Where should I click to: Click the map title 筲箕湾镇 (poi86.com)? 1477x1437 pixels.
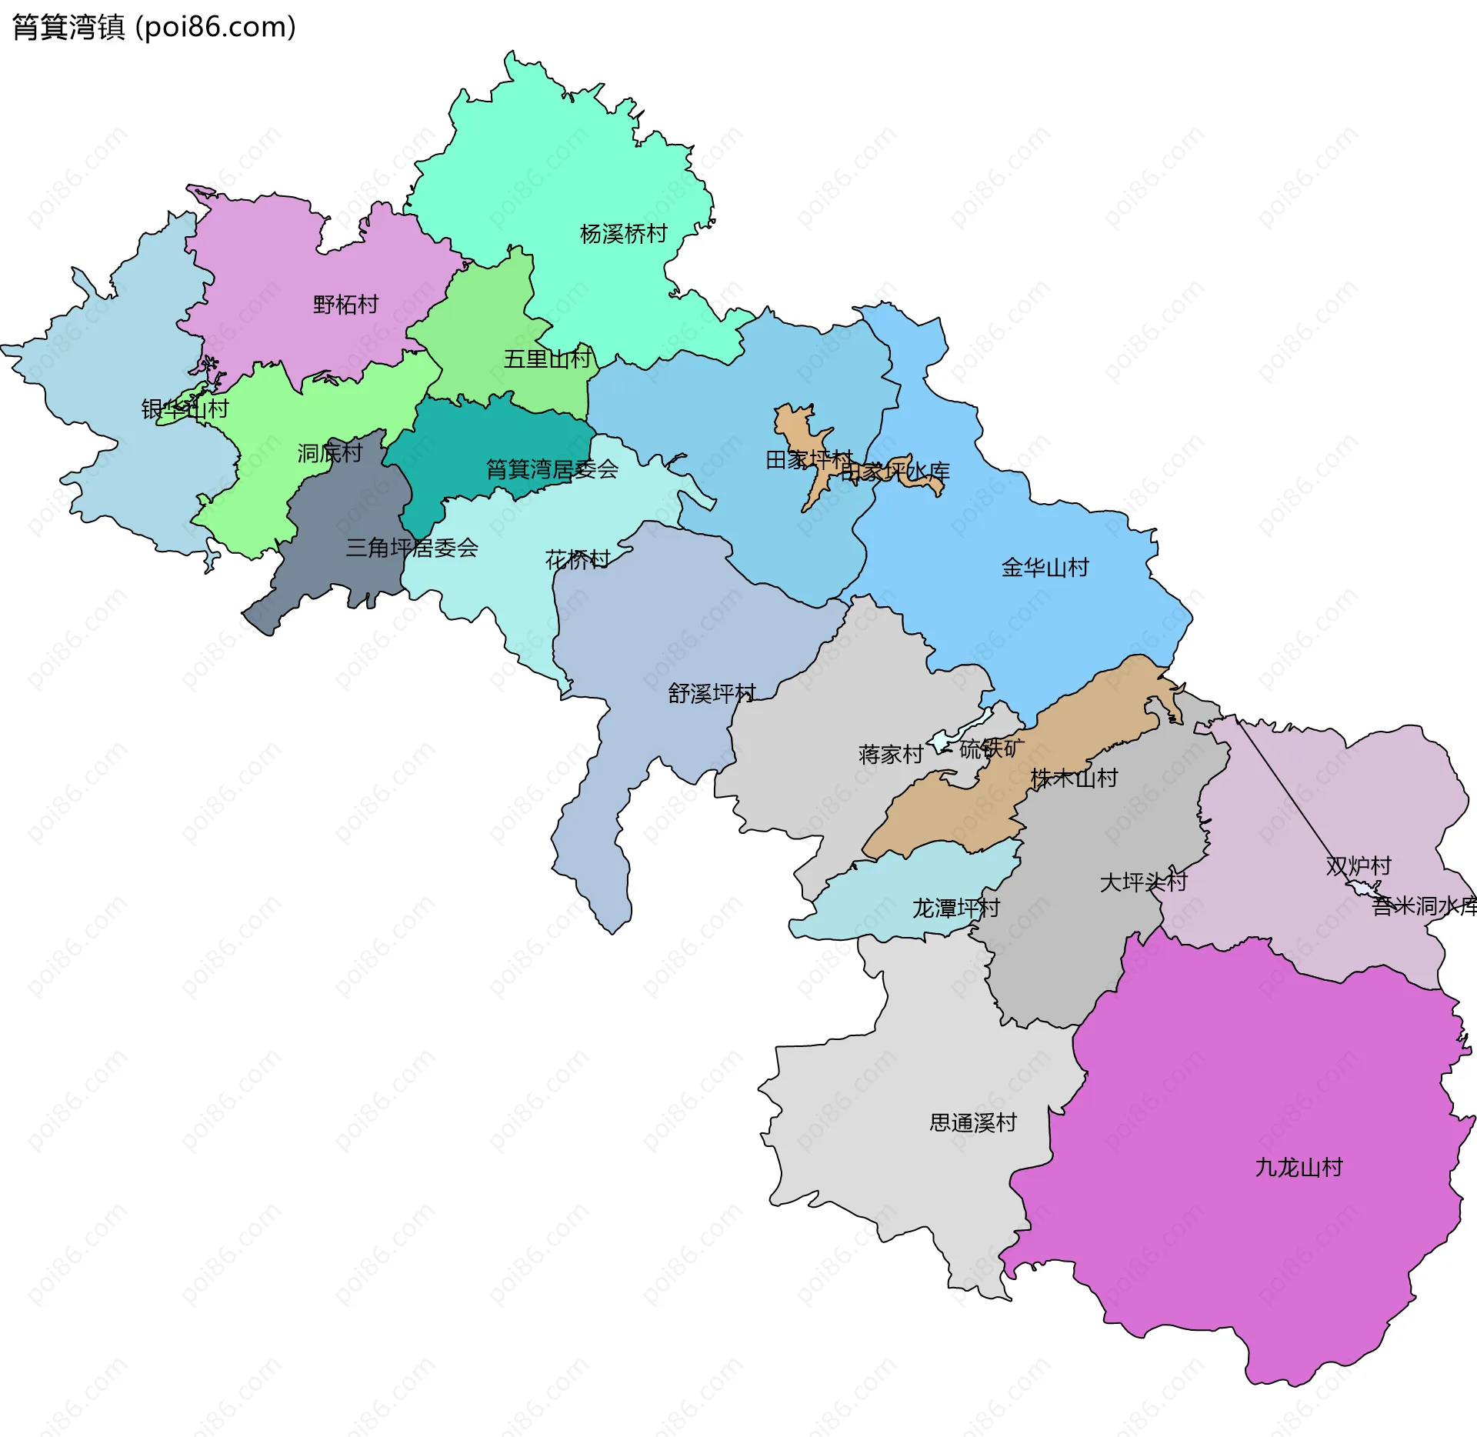154,28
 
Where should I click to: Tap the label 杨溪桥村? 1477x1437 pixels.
623,234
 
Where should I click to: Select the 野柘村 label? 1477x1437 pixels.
346,305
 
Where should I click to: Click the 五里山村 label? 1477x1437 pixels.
547,358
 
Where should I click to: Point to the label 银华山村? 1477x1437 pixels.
185,408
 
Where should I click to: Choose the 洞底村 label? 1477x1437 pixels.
329,453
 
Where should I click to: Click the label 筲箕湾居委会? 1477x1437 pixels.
552,468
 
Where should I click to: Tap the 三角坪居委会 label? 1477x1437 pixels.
412,548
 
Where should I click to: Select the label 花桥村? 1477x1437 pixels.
577,559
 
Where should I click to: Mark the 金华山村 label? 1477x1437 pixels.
1045,568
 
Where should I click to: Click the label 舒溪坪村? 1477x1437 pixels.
712,693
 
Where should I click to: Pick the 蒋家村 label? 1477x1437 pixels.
890,754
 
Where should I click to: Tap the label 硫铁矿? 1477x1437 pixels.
992,748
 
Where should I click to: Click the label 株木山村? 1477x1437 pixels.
1074,778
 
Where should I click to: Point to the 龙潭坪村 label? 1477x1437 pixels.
955,909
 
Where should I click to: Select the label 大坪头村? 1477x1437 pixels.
1143,882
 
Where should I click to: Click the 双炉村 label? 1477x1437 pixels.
1359,865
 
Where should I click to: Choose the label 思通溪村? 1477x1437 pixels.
973,1122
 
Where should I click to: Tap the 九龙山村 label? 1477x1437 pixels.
1299,1167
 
